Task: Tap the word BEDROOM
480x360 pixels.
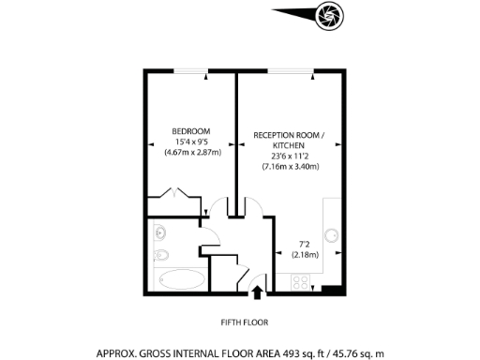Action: tap(190, 130)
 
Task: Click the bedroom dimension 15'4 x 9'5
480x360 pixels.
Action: tap(190, 141)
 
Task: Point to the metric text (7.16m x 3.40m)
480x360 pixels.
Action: tap(291, 167)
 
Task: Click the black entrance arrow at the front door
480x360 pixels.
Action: tap(258, 293)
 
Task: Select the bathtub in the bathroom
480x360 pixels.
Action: tap(178, 279)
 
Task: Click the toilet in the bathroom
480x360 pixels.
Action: tap(159, 255)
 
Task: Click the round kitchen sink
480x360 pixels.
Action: tap(331, 236)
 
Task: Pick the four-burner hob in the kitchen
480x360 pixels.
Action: tap(302, 280)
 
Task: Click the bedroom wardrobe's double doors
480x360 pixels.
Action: tap(178, 196)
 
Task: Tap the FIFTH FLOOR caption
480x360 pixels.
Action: tap(245, 322)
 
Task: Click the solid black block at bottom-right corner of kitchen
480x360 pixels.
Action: tap(326, 290)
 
